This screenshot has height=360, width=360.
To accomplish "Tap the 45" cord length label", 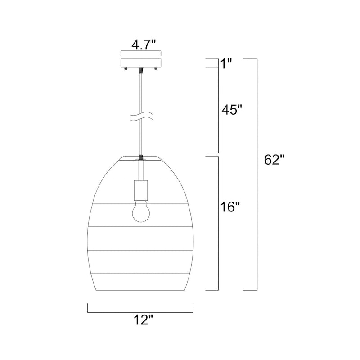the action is point(232,110).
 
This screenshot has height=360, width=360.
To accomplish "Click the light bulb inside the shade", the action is point(141,211).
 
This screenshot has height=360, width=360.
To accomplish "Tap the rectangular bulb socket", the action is point(141,190).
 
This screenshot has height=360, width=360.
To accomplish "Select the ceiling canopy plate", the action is point(141,63).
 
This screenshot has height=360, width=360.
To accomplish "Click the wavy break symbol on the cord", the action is point(141,117).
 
